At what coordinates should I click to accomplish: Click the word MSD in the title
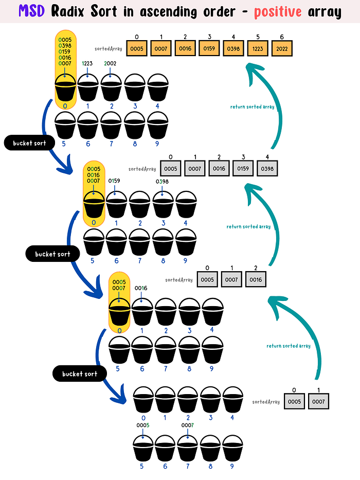pyautogui.click(x=31, y=11)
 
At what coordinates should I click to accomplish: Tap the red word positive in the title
pyautogui.click(x=278, y=12)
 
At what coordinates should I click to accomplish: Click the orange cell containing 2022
pyautogui.click(x=282, y=48)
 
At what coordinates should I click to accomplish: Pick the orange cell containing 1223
pyautogui.click(x=258, y=48)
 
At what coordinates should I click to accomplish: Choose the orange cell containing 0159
pyautogui.click(x=209, y=48)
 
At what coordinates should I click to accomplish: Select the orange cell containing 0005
pyautogui.click(x=136, y=48)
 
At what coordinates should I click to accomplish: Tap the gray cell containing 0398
pyautogui.click(x=267, y=168)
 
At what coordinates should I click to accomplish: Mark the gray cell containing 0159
pyautogui.click(x=243, y=168)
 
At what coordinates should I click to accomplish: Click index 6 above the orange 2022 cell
pyautogui.click(x=282, y=37)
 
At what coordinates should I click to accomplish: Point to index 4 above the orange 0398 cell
pyautogui.click(x=233, y=37)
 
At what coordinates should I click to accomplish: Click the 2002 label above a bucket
pyautogui.click(x=110, y=63)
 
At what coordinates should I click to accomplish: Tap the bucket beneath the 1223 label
pyautogui.click(x=88, y=87)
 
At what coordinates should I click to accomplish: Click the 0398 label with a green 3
pyautogui.click(x=162, y=182)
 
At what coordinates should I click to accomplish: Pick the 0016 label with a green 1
pyautogui.click(x=141, y=288)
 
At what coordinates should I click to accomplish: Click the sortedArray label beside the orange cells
pyautogui.click(x=109, y=49)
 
